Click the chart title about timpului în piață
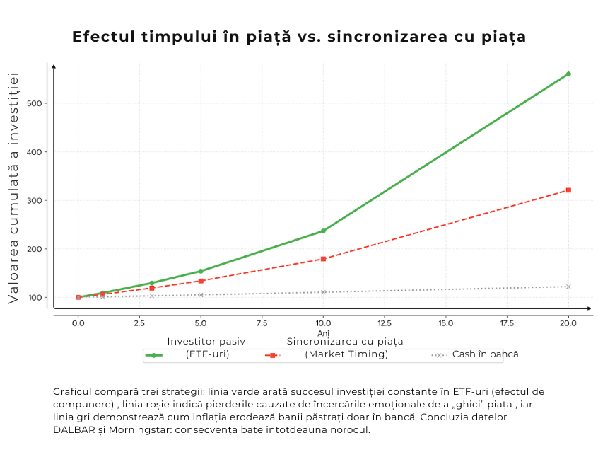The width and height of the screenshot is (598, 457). point(299,37)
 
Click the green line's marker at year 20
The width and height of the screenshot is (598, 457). point(568,74)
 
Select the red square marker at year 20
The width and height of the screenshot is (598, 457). point(568,190)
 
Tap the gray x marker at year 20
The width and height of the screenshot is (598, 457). point(568,287)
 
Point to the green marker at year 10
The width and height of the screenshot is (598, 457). point(323,231)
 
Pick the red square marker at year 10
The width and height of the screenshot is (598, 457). point(323,259)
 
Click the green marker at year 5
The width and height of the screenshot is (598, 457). point(201,271)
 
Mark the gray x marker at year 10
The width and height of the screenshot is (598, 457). point(323,292)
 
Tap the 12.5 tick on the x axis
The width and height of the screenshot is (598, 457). point(384,323)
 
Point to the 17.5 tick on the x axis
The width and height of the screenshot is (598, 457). point(507,323)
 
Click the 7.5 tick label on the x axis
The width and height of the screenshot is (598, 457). point(262,323)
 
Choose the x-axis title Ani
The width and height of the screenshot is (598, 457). point(323,333)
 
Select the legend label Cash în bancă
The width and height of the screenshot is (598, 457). point(485,354)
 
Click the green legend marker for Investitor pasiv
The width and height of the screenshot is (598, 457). point(153,355)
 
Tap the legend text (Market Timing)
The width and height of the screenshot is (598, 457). point(346,354)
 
